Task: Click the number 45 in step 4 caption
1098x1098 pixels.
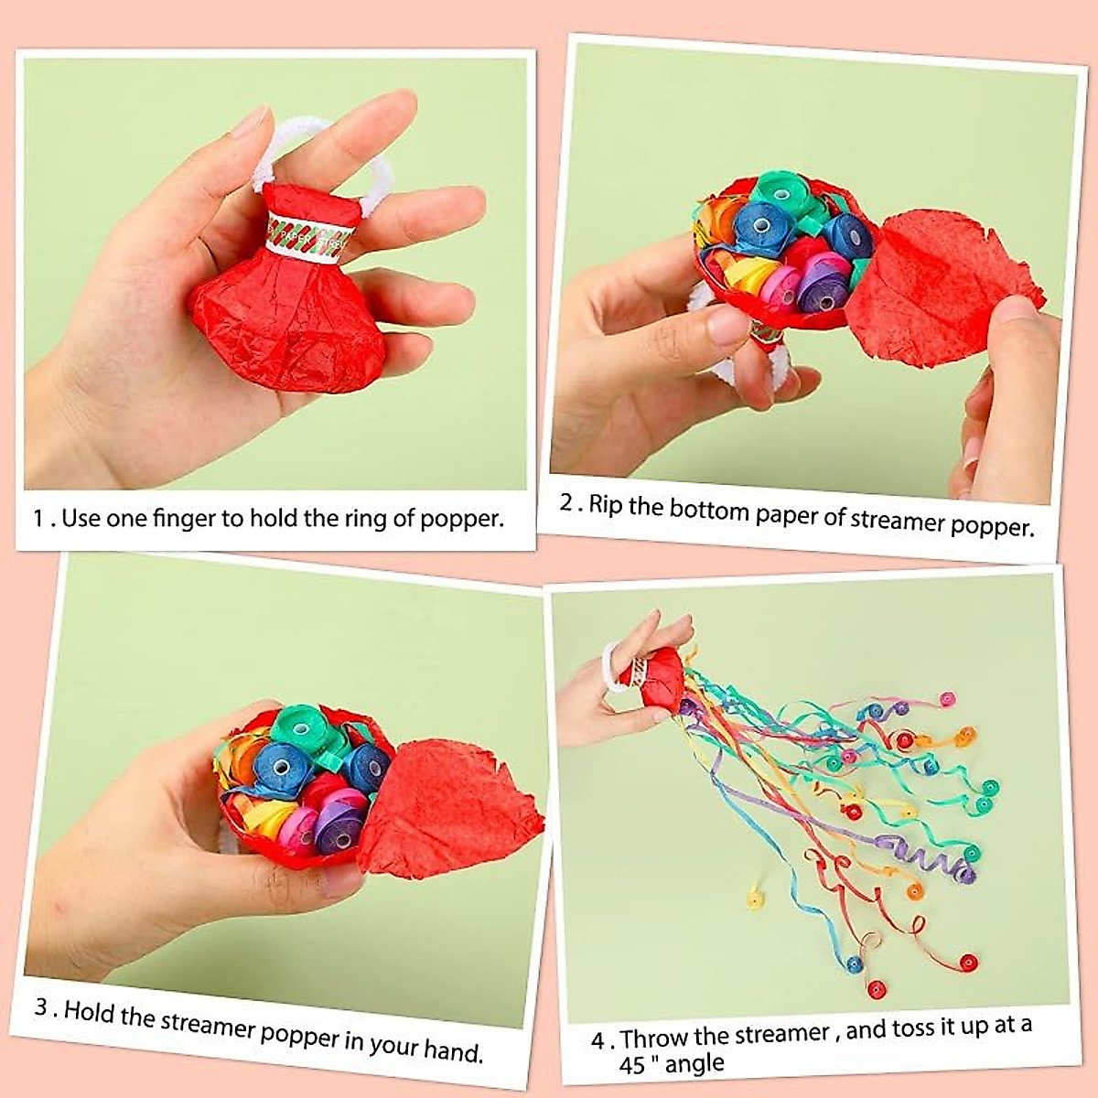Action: (x=632, y=1067)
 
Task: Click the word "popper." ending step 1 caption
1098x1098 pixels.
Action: (x=462, y=519)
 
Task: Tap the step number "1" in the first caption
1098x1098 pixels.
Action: (x=38, y=518)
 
